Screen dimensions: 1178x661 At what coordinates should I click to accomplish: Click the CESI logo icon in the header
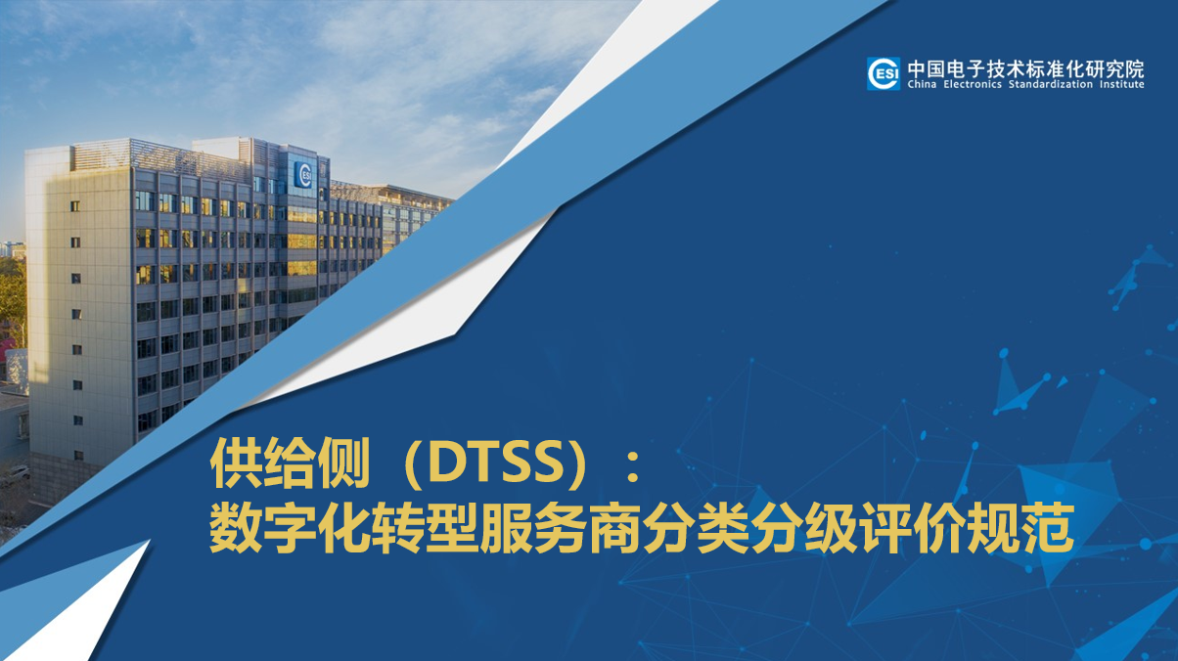[883, 73]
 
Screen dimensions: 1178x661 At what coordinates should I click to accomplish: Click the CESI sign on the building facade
[303, 175]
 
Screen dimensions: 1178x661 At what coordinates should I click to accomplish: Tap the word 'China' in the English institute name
[922, 85]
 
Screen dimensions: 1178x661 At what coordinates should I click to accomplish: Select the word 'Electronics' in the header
[973, 85]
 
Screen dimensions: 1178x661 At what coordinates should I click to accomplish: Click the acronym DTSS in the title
[493, 464]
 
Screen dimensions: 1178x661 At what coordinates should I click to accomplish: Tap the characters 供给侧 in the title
[291, 463]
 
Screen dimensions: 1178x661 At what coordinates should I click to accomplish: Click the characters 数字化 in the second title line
[291, 529]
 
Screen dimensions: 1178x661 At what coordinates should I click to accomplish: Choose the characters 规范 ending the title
[1019, 529]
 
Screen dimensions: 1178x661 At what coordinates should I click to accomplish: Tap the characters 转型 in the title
[425, 529]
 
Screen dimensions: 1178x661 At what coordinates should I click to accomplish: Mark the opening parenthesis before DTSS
[416, 464]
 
